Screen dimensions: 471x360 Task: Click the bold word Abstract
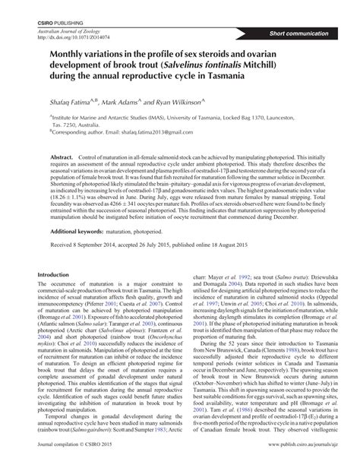(63, 153)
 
